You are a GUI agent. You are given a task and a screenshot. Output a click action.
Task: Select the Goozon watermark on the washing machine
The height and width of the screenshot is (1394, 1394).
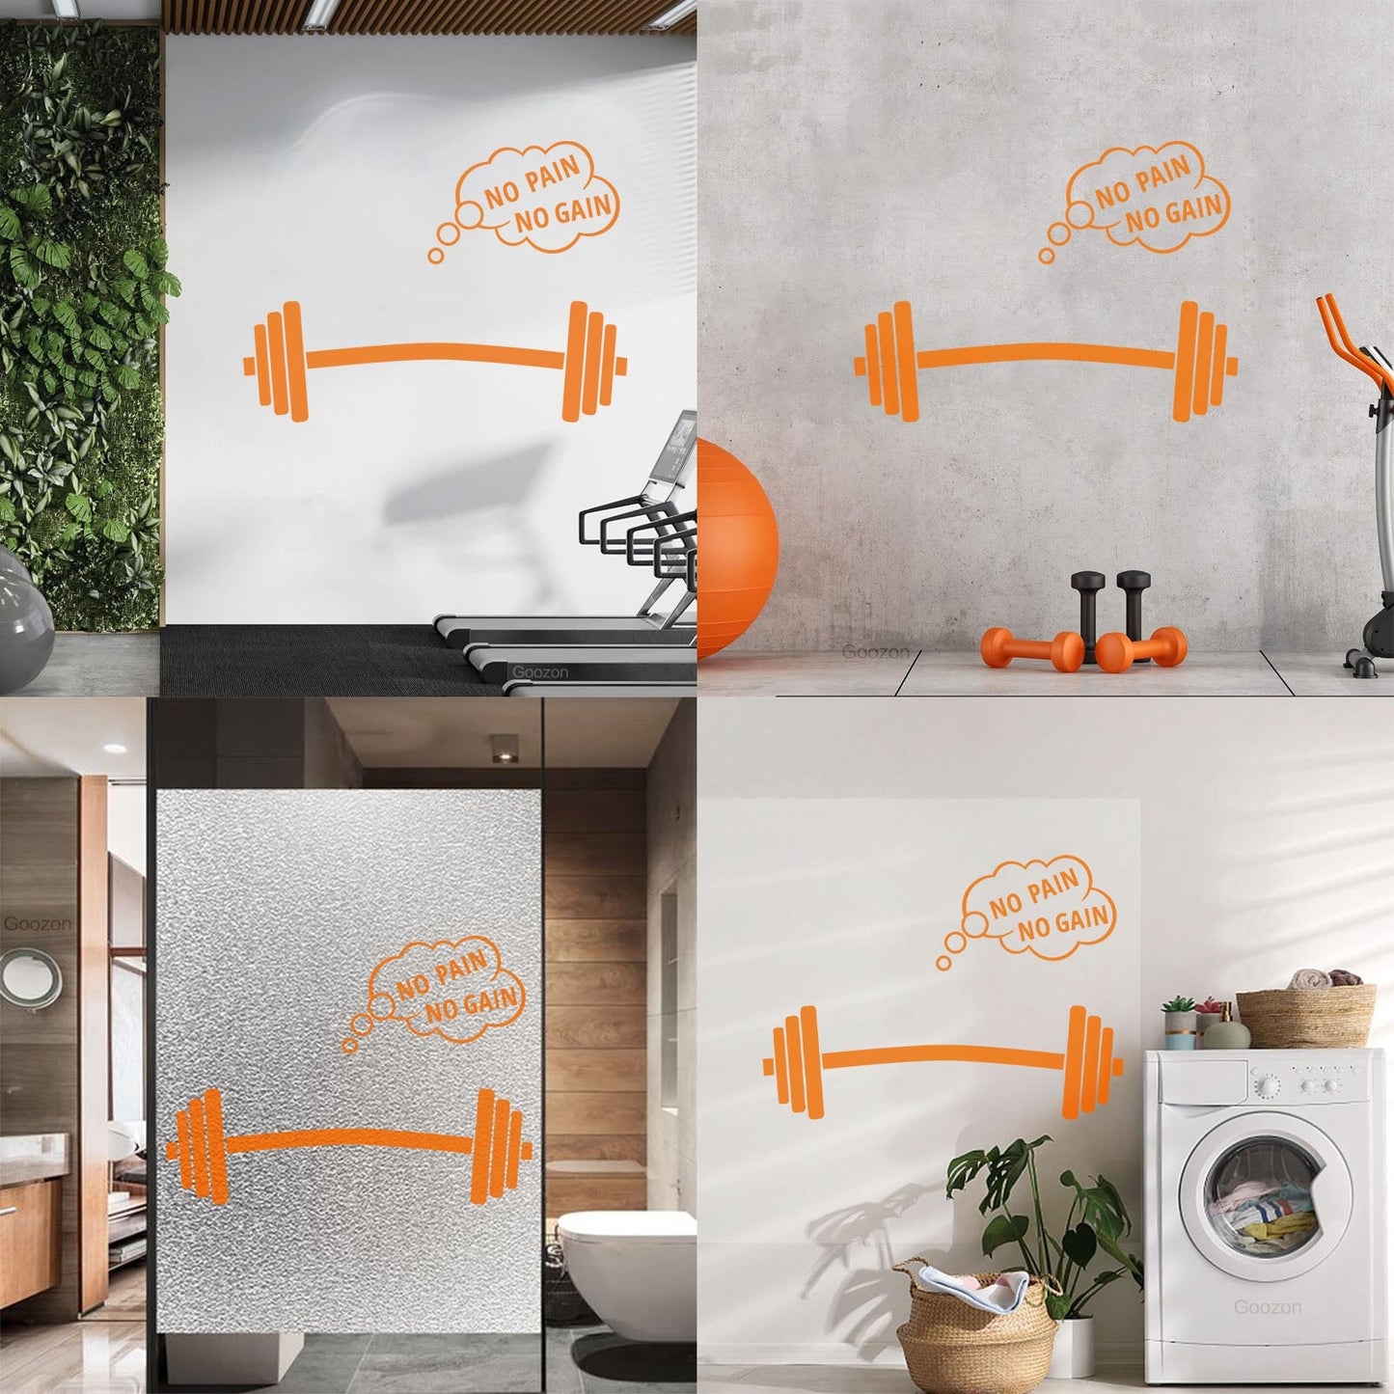coord(1268,1306)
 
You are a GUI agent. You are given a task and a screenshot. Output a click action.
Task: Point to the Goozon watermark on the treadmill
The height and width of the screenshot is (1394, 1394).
coord(539,672)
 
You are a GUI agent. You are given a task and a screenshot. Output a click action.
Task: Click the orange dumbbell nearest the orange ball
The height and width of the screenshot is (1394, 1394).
coord(1023,649)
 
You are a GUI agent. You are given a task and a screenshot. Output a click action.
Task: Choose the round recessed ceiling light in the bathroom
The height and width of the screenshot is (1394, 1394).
coord(114,749)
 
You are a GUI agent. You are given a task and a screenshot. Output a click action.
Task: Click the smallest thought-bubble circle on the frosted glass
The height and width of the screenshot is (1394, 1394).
coord(349,1046)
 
